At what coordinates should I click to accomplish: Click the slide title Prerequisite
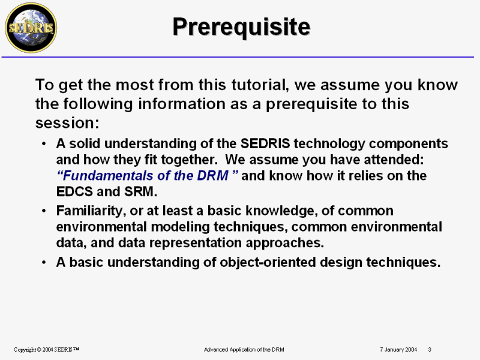coord(241,27)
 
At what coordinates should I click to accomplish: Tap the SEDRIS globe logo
coord(31,28)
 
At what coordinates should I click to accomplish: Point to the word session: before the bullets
coord(67,123)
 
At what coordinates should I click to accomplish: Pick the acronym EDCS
coord(74,191)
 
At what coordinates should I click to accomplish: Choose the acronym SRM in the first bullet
coord(140,191)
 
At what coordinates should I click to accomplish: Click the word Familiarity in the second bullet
coord(91,211)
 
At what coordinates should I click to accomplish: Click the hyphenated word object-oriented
coord(268,262)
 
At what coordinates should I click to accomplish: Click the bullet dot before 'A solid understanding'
coord(44,143)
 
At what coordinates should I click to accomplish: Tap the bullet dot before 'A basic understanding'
coord(44,262)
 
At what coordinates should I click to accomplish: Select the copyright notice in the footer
coord(46,350)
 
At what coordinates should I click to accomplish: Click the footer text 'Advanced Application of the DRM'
coord(244,350)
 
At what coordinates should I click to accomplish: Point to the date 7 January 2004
coord(398,350)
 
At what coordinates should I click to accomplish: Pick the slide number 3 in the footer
coord(430,350)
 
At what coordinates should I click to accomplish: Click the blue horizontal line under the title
coord(238,57)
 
